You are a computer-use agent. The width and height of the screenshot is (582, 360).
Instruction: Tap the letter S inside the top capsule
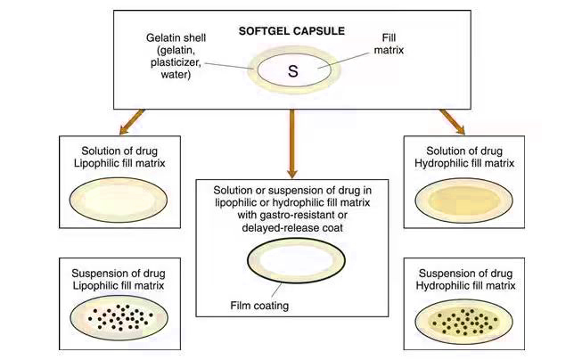[x=291, y=70]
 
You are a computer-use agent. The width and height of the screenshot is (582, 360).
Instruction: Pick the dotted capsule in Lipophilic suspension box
[x=119, y=315]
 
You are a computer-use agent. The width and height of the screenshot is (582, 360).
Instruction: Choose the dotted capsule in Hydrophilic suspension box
[x=462, y=319]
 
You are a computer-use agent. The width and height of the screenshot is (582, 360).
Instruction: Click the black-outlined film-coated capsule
[x=291, y=265]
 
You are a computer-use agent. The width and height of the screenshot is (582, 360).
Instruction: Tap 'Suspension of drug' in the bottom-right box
[x=462, y=272]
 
